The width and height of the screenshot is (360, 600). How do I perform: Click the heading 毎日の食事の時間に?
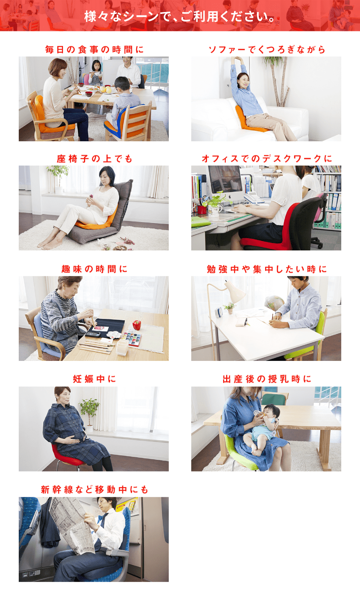coord(94,49)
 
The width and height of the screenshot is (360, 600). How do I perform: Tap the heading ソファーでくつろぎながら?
coord(267,49)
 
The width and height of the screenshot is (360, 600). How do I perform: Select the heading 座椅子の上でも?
coord(94,159)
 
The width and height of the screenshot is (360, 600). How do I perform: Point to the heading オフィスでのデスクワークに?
coord(267,159)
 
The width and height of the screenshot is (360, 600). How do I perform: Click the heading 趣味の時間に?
coord(94,269)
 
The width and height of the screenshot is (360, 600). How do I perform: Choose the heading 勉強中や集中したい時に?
coord(267,269)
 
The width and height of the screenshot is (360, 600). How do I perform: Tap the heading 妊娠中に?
coord(94,379)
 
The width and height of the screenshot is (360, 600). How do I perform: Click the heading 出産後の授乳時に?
coord(267,379)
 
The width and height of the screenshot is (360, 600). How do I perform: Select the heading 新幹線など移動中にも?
coord(94,490)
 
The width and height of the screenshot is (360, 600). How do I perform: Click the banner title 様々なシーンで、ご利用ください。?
coord(180,16)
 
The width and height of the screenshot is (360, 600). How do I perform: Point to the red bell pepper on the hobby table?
coord(137,325)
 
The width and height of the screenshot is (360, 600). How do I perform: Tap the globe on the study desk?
coord(274,303)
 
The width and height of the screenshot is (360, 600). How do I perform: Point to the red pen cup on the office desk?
coord(202,210)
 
